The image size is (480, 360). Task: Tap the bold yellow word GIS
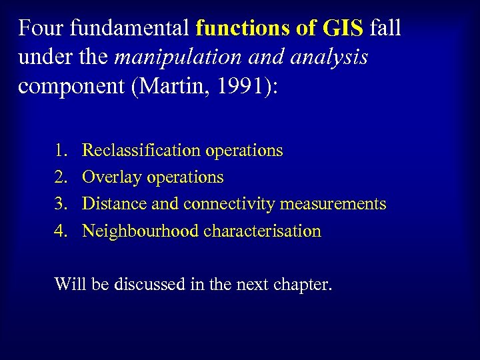(x=341, y=29)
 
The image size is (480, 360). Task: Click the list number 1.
(x=61, y=151)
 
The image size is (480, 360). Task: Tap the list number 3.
(x=61, y=204)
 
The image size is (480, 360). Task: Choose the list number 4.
(x=61, y=231)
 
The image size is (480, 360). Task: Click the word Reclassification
(x=141, y=151)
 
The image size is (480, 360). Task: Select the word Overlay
(x=106, y=177)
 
